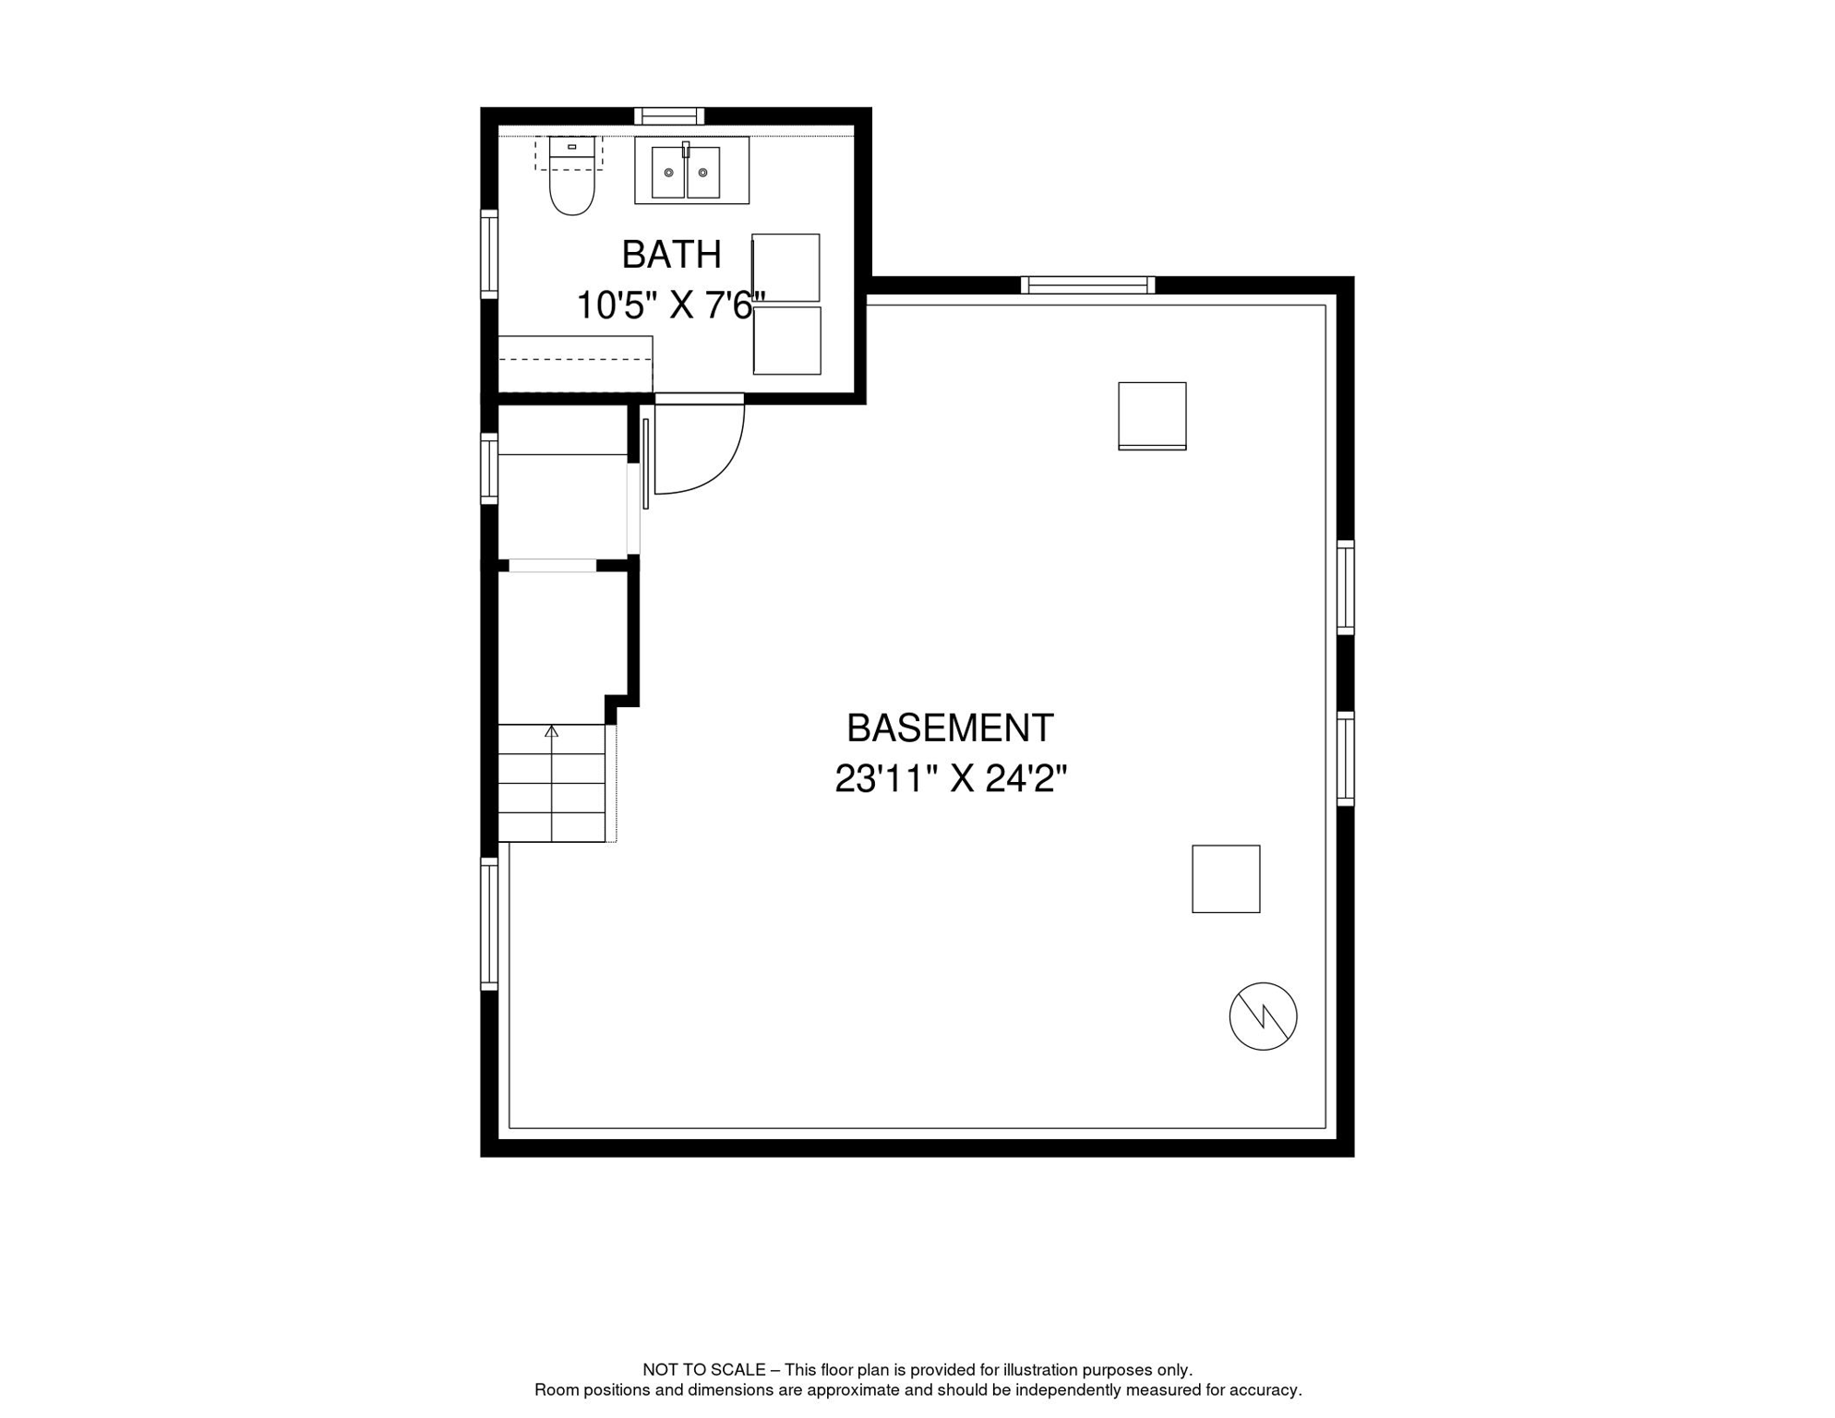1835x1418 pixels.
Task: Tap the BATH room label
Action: click(671, 255)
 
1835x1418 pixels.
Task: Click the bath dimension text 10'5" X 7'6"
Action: click(671, 305)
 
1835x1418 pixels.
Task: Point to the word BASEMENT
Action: click(950, 728)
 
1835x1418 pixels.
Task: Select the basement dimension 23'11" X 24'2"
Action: click(951, 779)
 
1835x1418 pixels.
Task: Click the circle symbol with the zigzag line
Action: click(1263, 1015)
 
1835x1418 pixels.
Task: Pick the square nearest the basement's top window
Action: click(1152, 416)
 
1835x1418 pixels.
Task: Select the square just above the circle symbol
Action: click(1226, 879)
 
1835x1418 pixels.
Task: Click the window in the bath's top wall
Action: click(669, 116)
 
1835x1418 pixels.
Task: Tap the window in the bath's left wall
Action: click(489, 254)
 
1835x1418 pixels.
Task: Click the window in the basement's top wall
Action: click(1088, 285)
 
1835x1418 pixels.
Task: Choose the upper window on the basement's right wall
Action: click(1346, 588)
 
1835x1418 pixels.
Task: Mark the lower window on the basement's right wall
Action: click(1346, 759)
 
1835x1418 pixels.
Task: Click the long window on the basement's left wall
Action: click(489, 924)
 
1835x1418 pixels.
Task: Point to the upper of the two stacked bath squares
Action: click(786, 268)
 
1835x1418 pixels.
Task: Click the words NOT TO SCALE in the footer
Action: click(704, 1370)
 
